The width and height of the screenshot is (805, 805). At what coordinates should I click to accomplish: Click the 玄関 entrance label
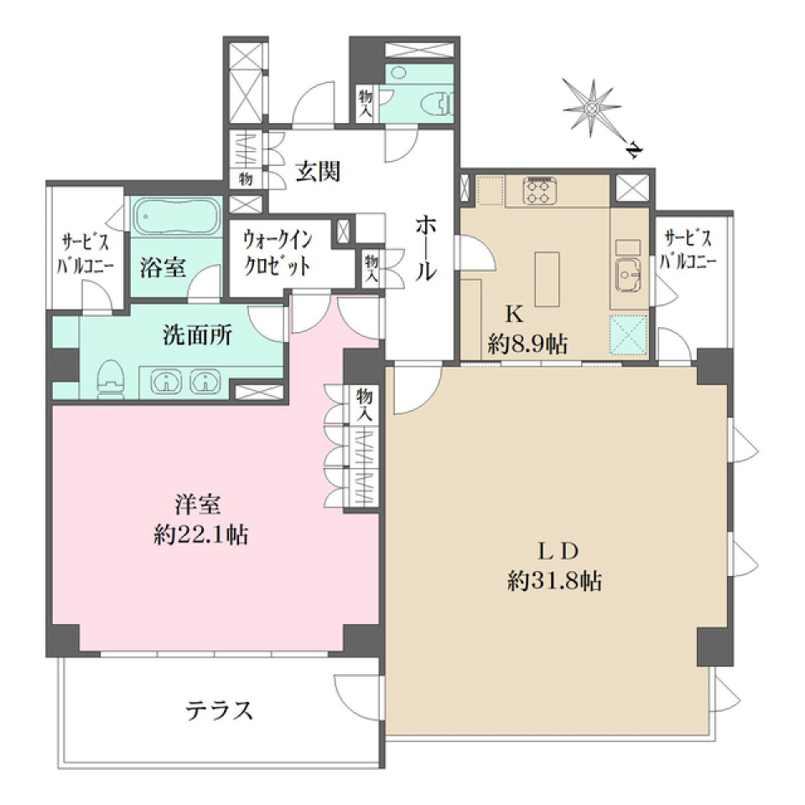(318, 172)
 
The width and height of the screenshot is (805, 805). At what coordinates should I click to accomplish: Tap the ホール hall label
(426, 247)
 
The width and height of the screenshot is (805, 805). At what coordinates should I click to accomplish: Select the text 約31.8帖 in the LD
(554, 581)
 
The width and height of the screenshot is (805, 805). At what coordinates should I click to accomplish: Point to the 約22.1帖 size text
(200, 535)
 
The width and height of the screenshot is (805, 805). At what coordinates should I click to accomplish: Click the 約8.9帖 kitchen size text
(527, 343)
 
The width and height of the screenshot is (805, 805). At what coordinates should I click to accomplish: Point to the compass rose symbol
(593, 106)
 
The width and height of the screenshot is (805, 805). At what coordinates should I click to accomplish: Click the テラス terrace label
(219, 711)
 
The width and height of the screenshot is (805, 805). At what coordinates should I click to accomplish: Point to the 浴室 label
(163, 268)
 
